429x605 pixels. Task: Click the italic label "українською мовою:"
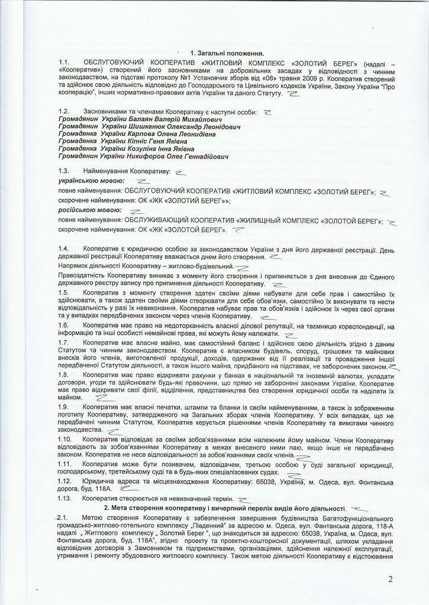pos(91,180)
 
